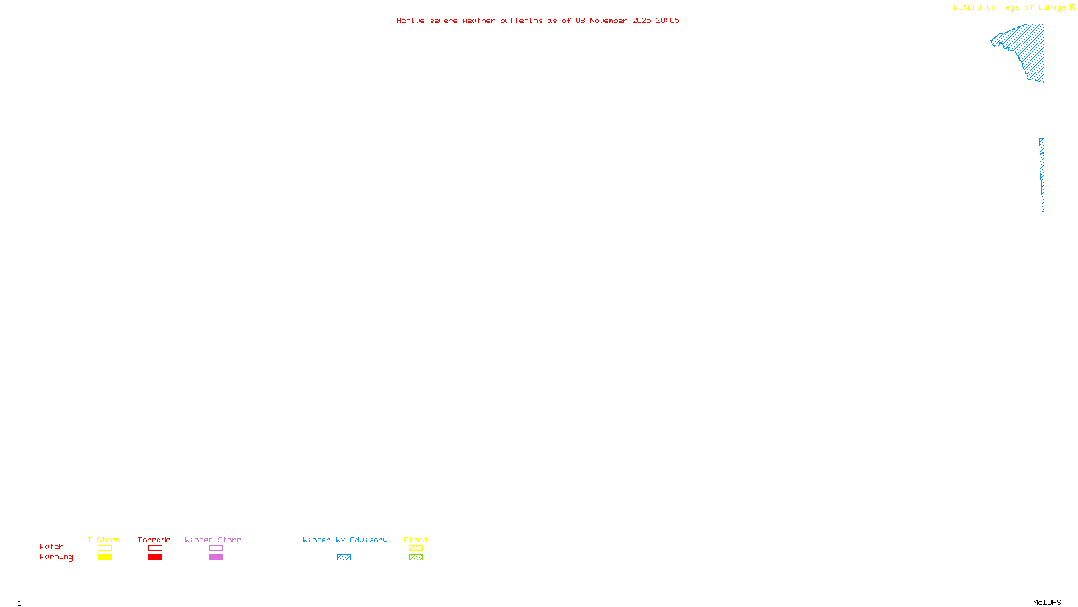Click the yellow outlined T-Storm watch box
click(104, 548)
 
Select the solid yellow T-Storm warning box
click(104, 558)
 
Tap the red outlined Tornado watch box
click(155, 548)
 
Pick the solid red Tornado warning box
click(155, 558)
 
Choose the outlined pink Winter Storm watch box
click(216, 548)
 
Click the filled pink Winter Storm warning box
click(216, 558)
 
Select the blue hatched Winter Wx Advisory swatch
click(344, 558)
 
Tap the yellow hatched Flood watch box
click(416, 548)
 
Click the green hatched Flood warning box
click(416, 558)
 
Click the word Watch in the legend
click(52, 547)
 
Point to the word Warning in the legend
click(56, 557)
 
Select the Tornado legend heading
click(154, 540)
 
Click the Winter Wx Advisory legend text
click(345, 540)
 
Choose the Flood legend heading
click(416, 540)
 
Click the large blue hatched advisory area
click(1027, 51)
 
